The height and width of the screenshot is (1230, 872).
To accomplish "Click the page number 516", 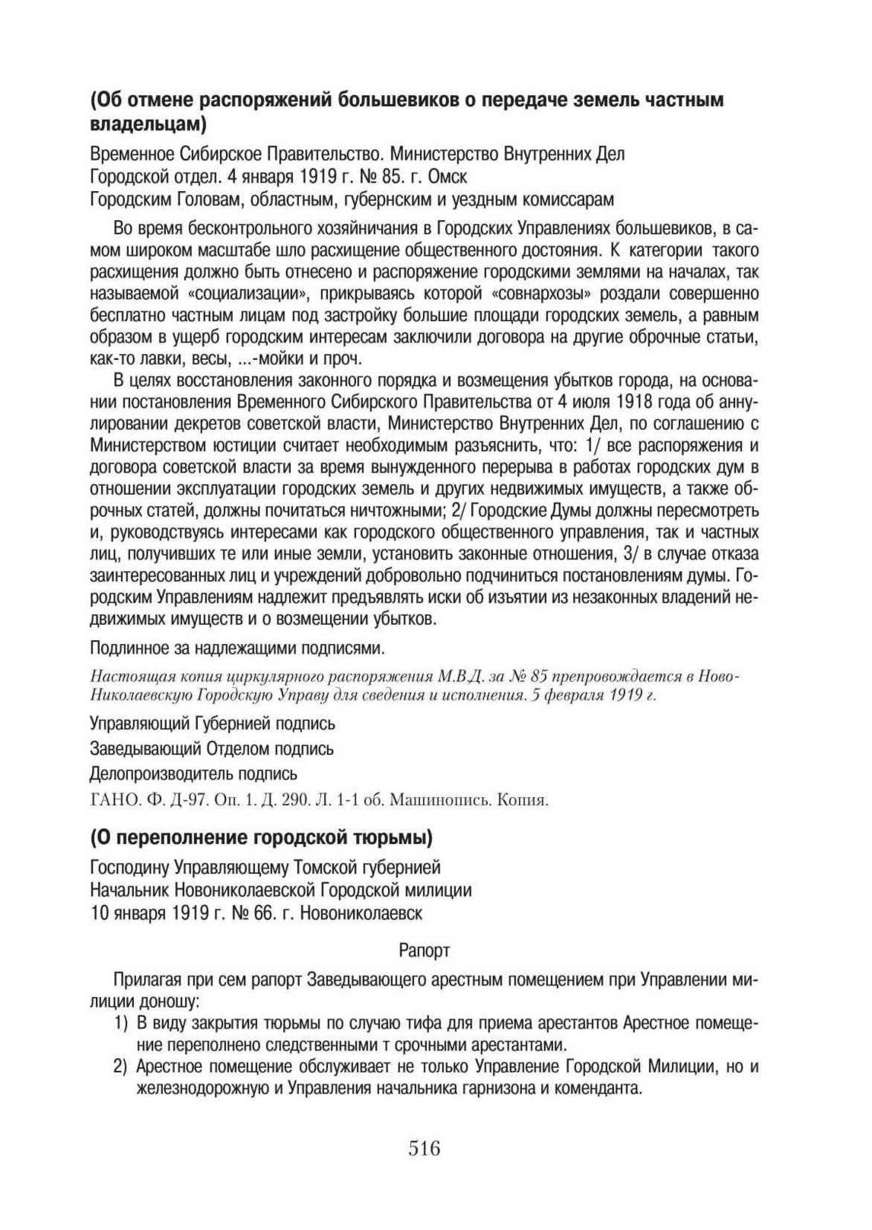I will pos(425,1148).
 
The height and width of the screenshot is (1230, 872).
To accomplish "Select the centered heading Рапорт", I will pos(425,951).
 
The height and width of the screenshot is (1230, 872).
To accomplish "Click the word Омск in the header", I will pos(448,177).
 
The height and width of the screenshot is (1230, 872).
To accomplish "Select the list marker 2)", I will pos(120,1067).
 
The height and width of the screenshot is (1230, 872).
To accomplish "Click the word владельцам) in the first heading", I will pos(148,121).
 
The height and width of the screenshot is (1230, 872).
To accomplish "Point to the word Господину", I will pos(130,868).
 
